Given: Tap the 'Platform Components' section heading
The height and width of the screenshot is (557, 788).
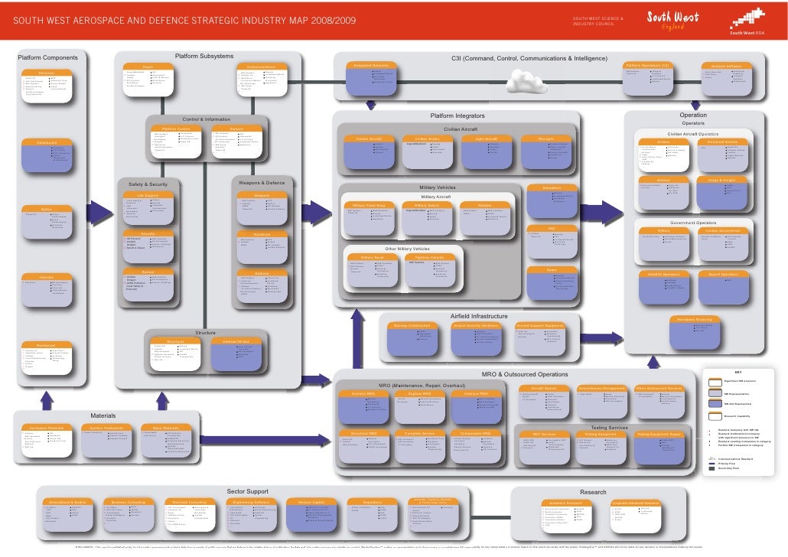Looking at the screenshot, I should coord(48,58).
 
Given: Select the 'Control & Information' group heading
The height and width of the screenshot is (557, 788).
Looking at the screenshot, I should coord(206,119).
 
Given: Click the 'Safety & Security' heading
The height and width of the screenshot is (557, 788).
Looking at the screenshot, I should coord(148,184).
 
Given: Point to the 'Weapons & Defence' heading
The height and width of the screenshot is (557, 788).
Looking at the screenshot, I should coord(262,183).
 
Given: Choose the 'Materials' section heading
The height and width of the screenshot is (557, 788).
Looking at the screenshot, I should coord(103,415).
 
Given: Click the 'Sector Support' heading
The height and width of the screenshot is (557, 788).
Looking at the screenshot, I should coord(247,490).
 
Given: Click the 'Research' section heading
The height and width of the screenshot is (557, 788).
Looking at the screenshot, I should coord(593,492).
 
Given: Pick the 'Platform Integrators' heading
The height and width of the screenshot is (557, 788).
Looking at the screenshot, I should coord(457,116).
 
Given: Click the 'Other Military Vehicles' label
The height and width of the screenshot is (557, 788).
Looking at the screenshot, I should coord(407,249).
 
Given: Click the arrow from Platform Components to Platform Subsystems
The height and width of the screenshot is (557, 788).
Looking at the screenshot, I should coord(103,210).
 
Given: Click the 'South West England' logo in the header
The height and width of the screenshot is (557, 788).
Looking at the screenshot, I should coord(673,18).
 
